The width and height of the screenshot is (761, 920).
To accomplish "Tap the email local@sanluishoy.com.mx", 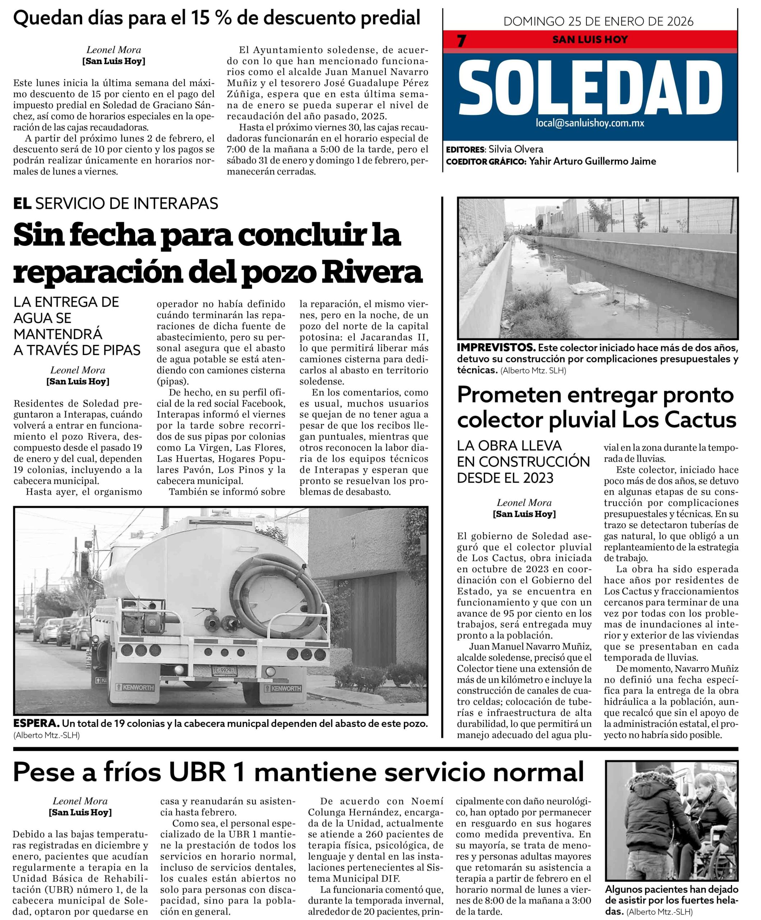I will coord(590,123).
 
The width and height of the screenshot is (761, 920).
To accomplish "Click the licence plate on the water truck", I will coord(224,671).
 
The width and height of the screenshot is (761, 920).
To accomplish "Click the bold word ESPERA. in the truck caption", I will coord(37,723).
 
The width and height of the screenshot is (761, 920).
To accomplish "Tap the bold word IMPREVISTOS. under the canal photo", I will coord(496,348).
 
